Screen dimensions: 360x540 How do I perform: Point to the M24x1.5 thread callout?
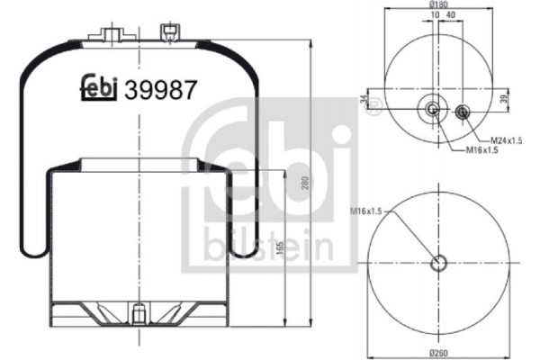click(508, 139)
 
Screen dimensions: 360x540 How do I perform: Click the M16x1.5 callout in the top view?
click(481, 150)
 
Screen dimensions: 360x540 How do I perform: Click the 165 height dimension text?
click(285, 247)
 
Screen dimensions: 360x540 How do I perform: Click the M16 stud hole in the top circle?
click(433, 111)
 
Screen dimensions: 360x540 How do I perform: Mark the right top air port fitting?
click(166, 33)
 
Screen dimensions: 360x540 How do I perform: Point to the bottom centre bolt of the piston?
click(138, 317)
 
